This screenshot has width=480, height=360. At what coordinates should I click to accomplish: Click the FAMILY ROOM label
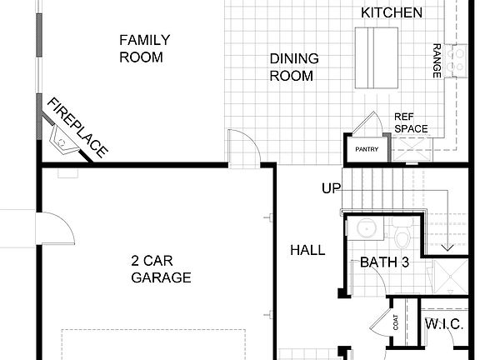coord(144,48)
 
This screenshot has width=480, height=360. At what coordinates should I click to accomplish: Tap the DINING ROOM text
coord(291,67)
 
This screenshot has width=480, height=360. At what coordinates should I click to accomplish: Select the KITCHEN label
coord(391,12)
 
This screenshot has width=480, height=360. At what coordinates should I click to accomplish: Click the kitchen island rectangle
coord(377,56)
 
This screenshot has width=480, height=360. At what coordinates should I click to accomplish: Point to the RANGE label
coord(436,61)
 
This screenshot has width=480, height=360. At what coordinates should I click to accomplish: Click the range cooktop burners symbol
coord(457,59)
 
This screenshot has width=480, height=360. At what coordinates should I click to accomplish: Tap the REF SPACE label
coord(411,122)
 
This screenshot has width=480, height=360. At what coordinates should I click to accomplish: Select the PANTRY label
coord(367,150)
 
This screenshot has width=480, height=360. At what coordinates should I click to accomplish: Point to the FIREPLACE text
coord(77,127)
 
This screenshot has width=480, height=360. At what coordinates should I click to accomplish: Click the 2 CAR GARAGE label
coord(161,268)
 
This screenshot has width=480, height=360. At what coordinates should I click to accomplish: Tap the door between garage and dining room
coord(242,147)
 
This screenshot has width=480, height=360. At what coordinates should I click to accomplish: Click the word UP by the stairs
coord(332,188)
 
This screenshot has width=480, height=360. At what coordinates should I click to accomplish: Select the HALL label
coord(307,250)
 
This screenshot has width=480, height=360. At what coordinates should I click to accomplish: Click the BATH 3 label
coord(384,262)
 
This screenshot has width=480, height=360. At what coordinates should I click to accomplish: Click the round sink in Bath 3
coord(363,229)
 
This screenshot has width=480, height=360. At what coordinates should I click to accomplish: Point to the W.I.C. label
coord(444,324)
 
